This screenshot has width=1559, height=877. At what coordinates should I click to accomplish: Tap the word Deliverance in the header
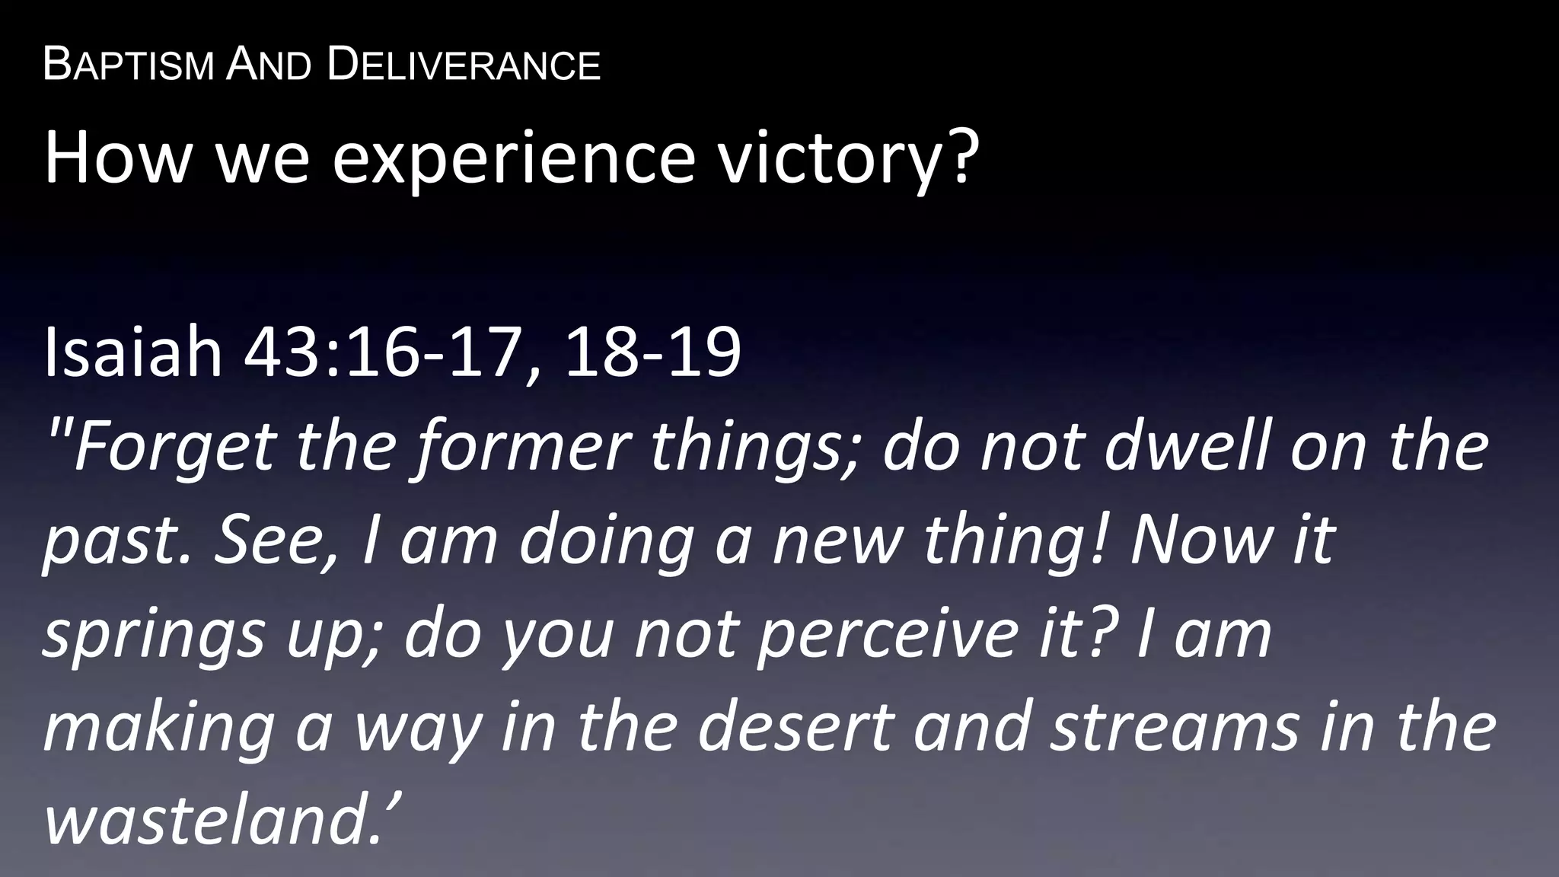tap(464, 65)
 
